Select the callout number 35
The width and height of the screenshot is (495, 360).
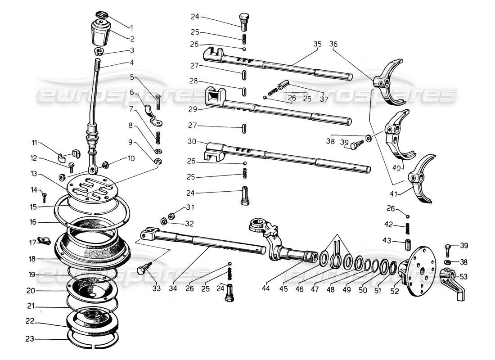[317, 44]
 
